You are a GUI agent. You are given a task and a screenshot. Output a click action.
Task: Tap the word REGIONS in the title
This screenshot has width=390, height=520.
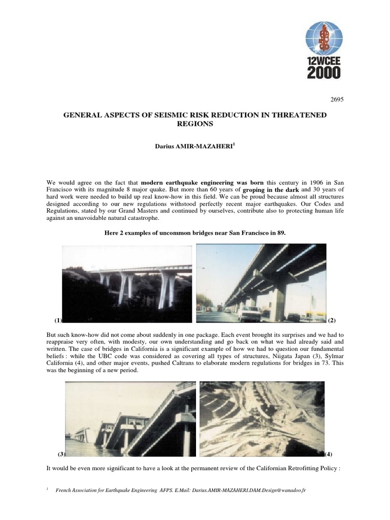pos(194,123)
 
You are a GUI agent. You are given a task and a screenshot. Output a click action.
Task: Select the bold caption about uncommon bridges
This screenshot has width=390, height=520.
pos(194,232)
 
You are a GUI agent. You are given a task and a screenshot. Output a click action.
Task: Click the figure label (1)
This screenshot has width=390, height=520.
pos(58,320)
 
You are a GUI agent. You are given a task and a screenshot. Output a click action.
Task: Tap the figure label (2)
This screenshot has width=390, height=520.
pos(332,320)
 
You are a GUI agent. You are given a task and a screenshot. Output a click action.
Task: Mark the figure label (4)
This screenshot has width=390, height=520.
pos(328,453)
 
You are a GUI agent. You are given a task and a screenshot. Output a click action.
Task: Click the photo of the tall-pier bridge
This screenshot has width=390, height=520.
pos(127,283)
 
